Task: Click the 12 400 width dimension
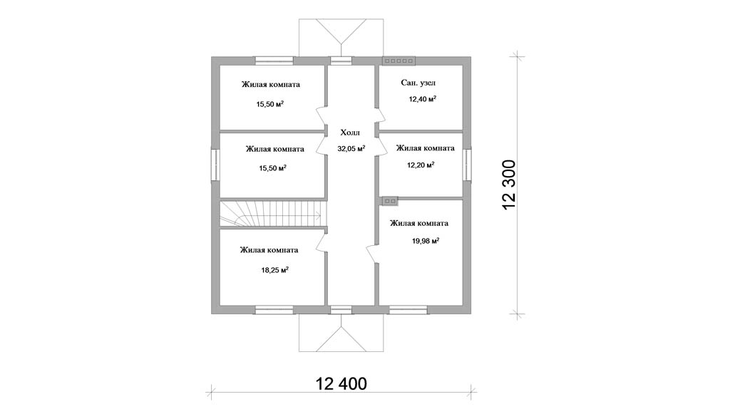coord(341,383)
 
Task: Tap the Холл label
coord(350,133)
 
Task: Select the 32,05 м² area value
coord(351,148)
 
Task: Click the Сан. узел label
coord(418,83)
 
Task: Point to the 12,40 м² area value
coord(422,99)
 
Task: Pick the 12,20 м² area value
coord(421,165)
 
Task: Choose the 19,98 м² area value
coord(426,241)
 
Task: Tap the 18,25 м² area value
coord(274,269)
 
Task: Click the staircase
coord(272,214)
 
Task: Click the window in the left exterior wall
coord(215,165)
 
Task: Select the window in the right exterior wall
coord(467,165)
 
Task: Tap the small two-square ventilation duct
coord(390,201)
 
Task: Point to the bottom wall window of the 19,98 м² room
coord(408,309)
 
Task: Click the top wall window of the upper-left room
coord(274,61)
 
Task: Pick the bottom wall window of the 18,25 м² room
coord(274,309)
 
